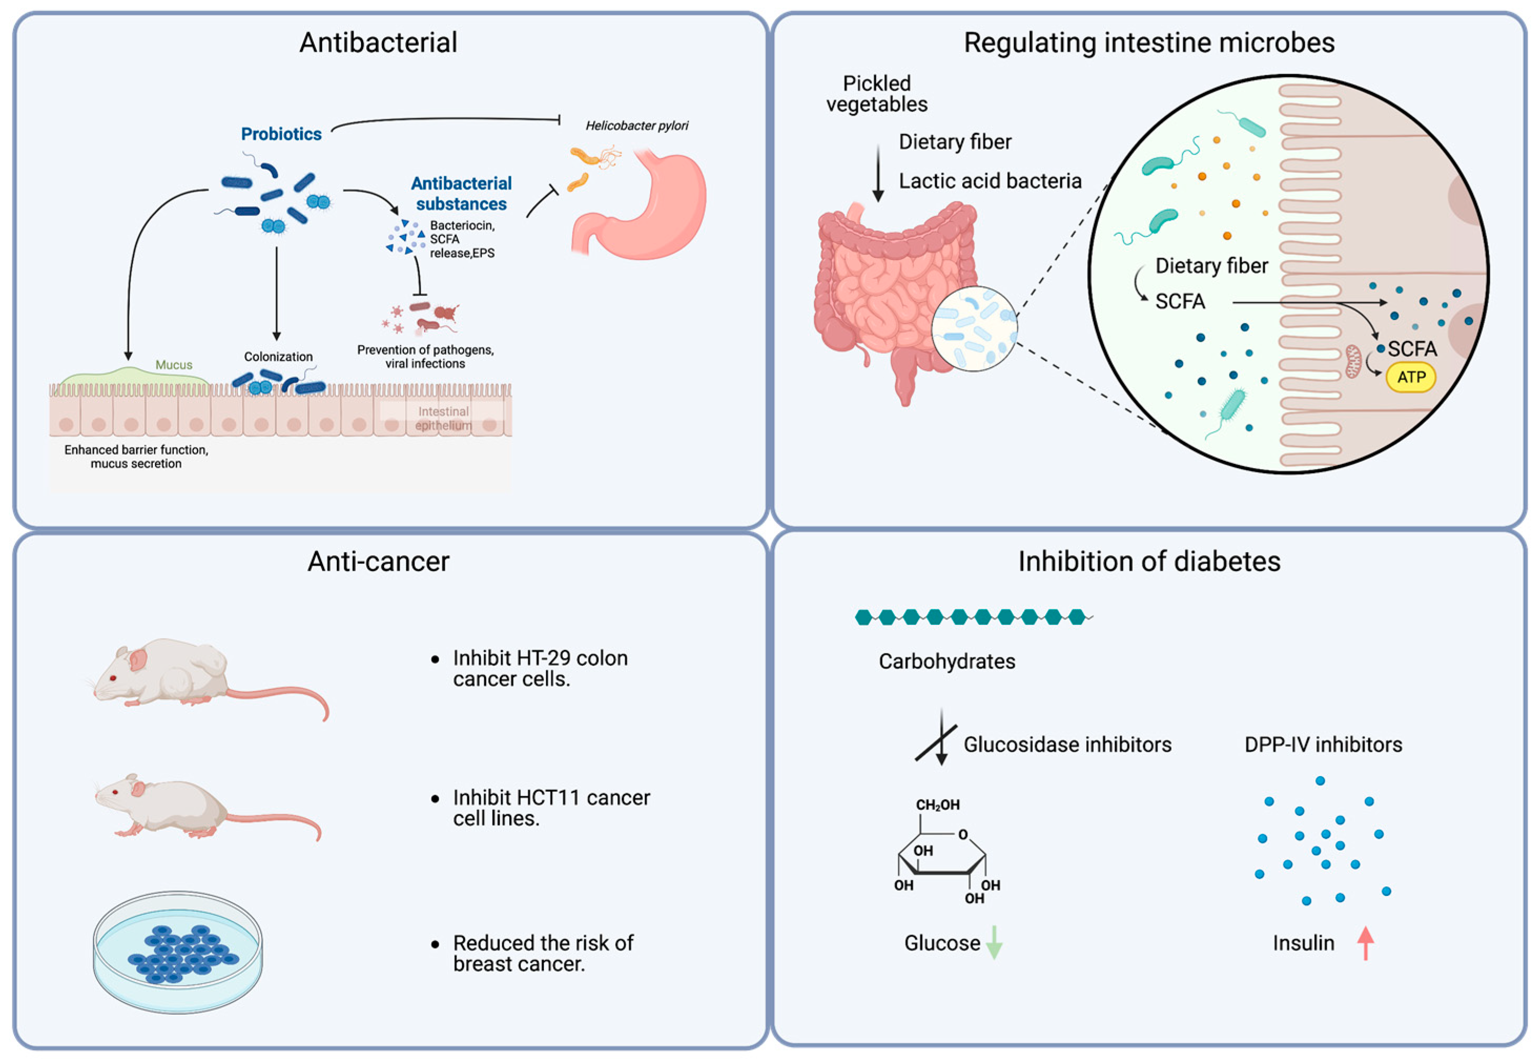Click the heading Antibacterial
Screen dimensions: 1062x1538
click(378, 43)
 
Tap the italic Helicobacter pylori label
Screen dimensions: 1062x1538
click(637, 126)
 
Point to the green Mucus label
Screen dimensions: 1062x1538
click(173, 365)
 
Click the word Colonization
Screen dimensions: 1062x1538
click(278, 357)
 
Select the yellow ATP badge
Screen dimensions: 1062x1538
click(1410, 377)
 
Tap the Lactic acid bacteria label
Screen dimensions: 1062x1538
click(990, 181)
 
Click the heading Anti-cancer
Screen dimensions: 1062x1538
click(378, 562)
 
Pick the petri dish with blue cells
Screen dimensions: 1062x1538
click(178, 952)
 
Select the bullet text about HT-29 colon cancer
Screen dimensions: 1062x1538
click(540, 668)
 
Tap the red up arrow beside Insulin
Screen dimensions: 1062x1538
click(1365, 943)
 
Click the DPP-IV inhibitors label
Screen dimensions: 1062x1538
click(1323, 744)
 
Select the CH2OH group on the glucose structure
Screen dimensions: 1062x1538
click(937, 805)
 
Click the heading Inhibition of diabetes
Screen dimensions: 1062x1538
click(1149, 562)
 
